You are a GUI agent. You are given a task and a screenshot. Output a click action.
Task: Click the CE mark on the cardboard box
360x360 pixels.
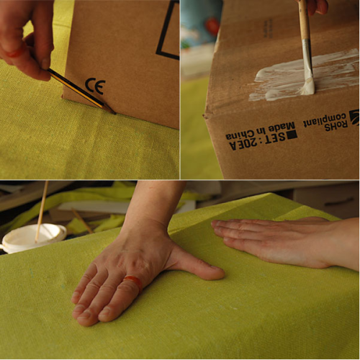pos(95,86)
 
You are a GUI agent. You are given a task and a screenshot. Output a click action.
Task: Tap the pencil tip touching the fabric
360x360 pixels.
pos(114,112)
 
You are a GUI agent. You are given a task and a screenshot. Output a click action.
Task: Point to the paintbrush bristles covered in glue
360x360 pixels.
pos(308,86)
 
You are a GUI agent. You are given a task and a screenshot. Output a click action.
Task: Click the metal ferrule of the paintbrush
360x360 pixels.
pos(307,58)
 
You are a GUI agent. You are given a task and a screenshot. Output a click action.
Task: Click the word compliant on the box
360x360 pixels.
pos(325,120)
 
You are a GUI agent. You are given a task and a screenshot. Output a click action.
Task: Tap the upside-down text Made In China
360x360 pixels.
pos(260,132)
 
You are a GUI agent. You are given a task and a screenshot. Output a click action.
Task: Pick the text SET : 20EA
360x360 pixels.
pos(258,142)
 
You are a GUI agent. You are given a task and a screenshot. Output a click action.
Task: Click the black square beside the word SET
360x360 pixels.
pos(292,135)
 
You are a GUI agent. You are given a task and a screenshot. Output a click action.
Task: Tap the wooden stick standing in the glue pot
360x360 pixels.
pos(42,211)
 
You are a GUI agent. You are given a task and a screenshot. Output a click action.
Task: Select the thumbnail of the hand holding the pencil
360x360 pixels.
pos(45,64)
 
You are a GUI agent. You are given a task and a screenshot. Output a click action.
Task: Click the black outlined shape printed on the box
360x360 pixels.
pos(168,30)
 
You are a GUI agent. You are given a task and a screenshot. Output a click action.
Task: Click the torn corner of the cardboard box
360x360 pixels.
pos(207,116)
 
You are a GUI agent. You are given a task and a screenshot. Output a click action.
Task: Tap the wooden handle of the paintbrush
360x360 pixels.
pos(304,19)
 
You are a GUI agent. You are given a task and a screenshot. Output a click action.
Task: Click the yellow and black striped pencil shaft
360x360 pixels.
pos(77,89)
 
